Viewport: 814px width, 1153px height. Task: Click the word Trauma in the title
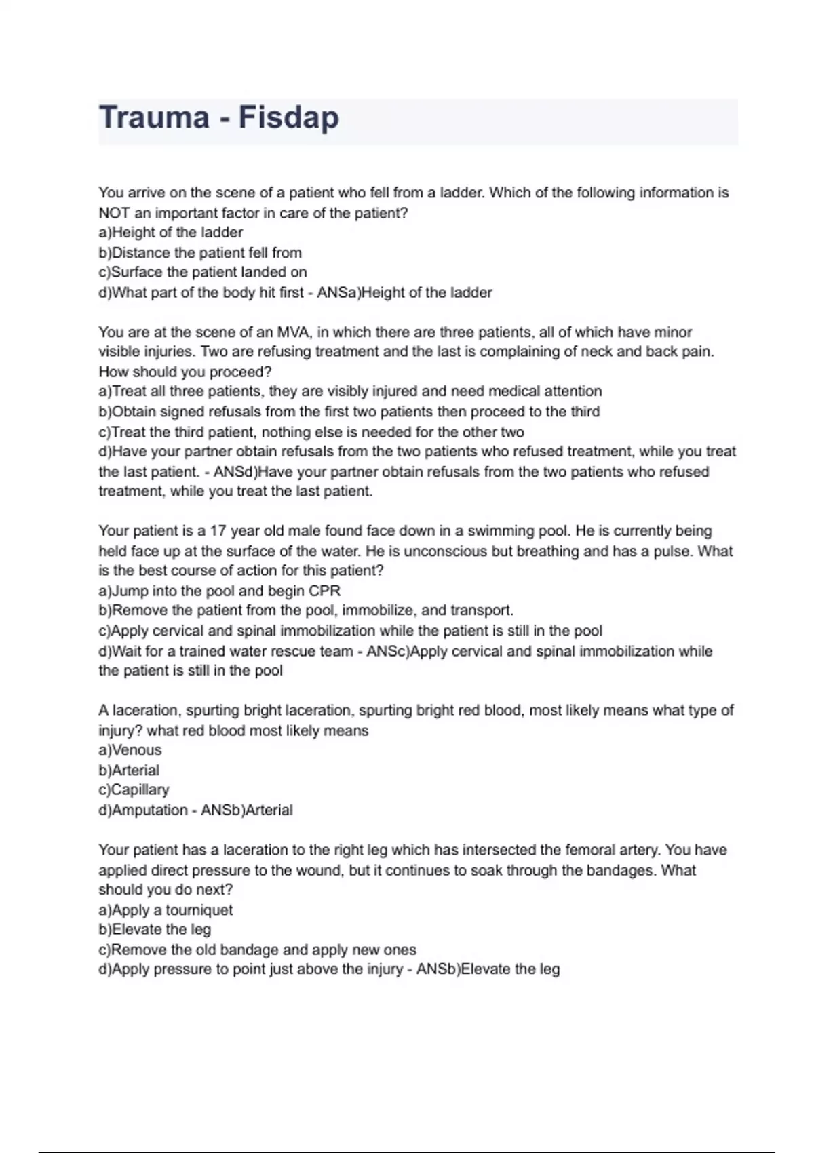[154, 117]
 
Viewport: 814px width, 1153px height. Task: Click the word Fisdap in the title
[288, 117]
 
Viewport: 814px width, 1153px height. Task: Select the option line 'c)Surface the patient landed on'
[203, 272]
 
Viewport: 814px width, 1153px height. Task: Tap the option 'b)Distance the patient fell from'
[200, 252]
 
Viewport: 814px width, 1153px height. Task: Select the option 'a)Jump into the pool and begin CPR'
[220, 590]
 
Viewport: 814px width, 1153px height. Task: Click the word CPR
[324, 590]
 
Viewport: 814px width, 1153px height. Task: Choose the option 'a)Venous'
[130, 749]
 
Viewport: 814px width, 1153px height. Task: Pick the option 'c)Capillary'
[134, 789]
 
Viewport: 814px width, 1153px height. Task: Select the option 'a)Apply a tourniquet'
[166, 910]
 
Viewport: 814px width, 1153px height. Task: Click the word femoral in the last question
[589, 850]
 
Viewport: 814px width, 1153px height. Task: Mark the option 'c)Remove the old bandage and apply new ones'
[258, 950]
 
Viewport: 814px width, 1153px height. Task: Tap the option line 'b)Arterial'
[129, 770]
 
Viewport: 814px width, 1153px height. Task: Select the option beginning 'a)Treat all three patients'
[350, 391]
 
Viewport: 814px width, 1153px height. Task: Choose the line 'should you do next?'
[166, 889]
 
